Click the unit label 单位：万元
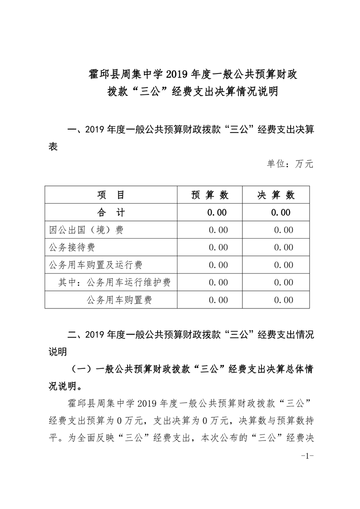tap(290, 164)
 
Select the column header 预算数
tap(210, 195)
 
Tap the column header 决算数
tap(276, 195)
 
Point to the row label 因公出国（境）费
tap(86, 230)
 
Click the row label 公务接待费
tap(72, 247)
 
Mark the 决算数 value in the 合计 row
tap(281, 212)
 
